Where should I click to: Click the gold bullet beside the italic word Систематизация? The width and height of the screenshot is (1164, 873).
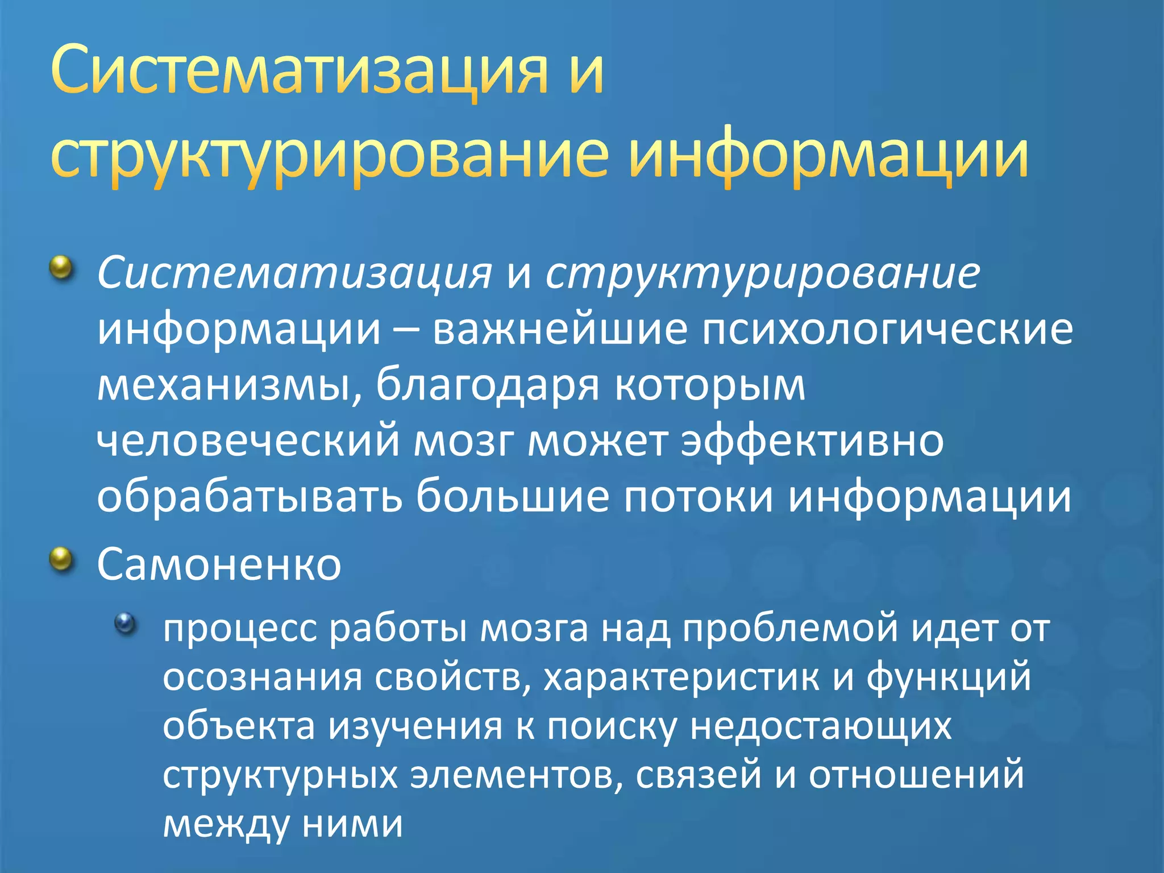pyautogui.click(x=63, y=267)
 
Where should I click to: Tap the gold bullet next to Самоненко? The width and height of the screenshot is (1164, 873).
pyautogui.click(x=63, y=560)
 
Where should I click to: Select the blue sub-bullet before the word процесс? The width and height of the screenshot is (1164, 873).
pyautogui.click(x=126, y=623)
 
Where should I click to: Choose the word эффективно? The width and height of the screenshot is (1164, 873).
pyautogui.click(x=813, y=441)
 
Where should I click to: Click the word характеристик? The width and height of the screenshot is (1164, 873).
pyautogui.click(x=681, y=677)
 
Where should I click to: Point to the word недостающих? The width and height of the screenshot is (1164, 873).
pyautogui.click(x=821, y=726)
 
